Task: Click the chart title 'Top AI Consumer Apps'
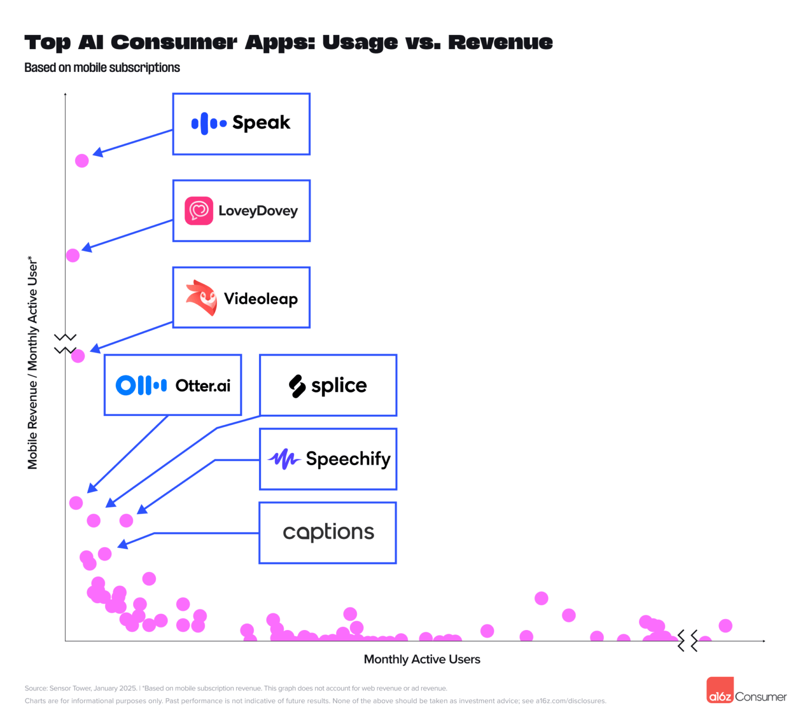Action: click(x=288, y=42)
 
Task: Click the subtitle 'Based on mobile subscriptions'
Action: click(x=102, y=68)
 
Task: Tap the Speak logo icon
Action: click(x=208, y=124)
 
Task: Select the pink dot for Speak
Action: click(x=82, y=161)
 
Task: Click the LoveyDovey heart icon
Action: click(x=199, y=211)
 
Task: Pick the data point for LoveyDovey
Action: click(x=73, y=256)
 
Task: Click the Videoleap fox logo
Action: click(x=202, y=298)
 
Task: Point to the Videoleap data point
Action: click(x=78, y=356)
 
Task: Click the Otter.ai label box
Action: click(x=173, y=385)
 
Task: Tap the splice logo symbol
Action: click(x=297, y=386)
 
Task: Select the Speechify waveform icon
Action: click(x=284, y=459)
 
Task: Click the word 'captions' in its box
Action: click(x=328, y=532)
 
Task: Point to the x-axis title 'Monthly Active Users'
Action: click(x=422, y=659)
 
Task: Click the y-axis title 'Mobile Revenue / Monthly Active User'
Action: click(x=33, y=363)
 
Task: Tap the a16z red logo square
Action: click(x=720, y=690)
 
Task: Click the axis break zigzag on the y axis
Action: click(x=65, y=344)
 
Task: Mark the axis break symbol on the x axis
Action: click(x=687, y=641)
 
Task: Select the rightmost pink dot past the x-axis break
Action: click(x=725, y=626)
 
